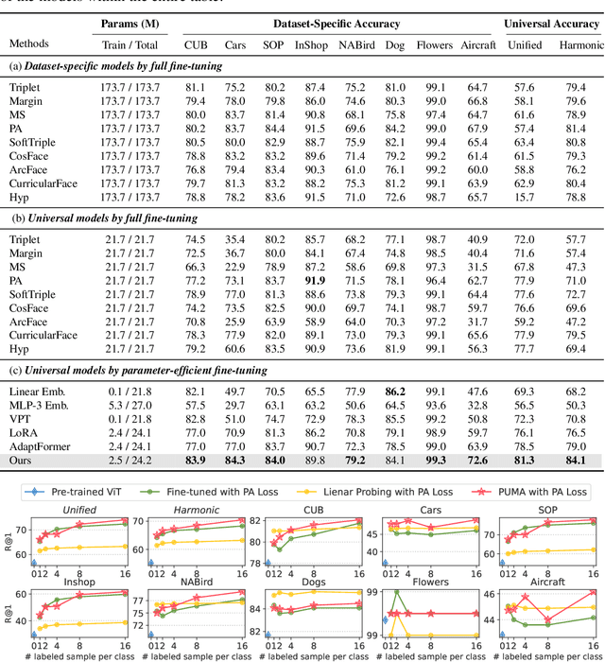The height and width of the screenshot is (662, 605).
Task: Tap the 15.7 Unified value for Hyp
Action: pyautogui.click(x=525, y=197)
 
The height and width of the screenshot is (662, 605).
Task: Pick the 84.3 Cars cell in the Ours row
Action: pyautogui.click(x=235, y=462)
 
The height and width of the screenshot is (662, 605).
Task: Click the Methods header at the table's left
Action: pyautogui.click(x=30, y=44)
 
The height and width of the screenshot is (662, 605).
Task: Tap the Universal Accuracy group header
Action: pyautogui.click(x=552, y=24)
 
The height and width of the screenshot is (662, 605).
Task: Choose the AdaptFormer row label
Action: pyautogui.click(x=41, y=447)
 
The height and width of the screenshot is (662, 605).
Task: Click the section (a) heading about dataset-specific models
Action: pyautogui.click(x=115, y=66)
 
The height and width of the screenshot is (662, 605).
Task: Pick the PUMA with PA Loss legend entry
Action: pyautogui.click(x=538, y=492)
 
